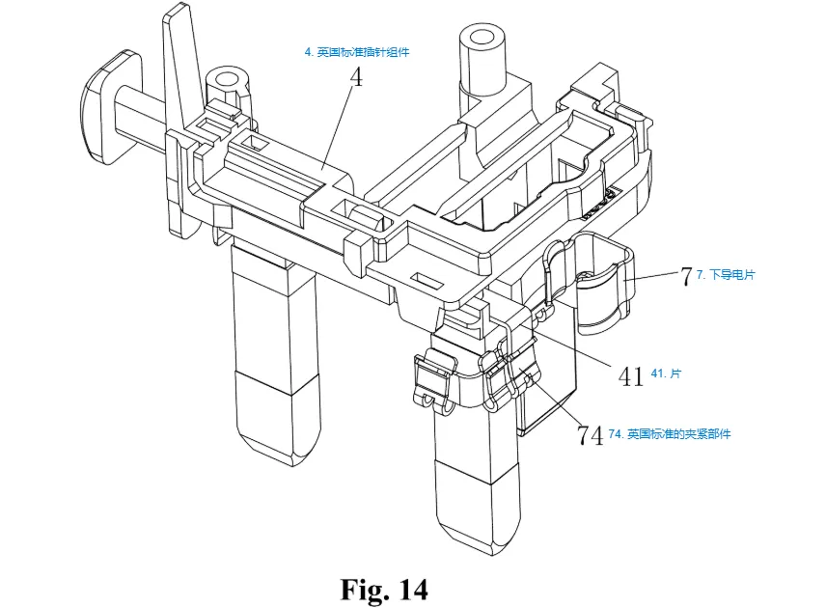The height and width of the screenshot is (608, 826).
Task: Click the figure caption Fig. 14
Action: coord(384,589)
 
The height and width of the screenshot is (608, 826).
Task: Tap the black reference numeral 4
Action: coord(357,77)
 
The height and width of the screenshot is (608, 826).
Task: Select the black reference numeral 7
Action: coord(685,276)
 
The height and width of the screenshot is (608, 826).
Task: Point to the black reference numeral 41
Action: coord(630,376)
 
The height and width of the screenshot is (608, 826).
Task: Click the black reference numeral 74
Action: coord(590,435)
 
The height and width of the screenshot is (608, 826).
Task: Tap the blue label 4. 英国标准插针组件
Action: coord(357,52)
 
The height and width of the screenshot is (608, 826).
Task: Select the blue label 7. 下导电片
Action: coord(726,274)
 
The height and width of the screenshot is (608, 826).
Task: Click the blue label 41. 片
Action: coord(666,373)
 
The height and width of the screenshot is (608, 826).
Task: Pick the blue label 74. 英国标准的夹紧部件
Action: coord(670,434)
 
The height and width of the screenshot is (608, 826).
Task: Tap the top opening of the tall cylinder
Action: coord(481,38)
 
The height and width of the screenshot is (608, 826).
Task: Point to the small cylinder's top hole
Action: coord(228,79)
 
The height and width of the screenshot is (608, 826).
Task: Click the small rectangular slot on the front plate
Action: coord(427,280)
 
